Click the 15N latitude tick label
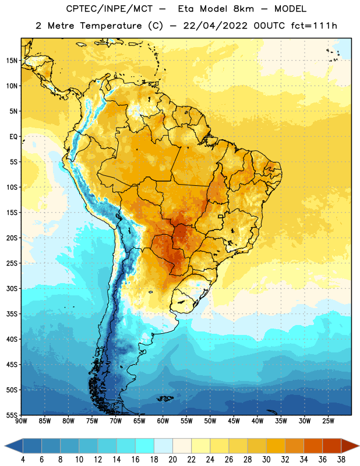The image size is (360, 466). [12, 61]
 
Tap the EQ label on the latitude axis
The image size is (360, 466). [13, 137]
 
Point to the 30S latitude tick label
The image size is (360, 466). [12, 288]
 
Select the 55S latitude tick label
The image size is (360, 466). [12, 415]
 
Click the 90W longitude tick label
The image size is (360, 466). [21, 421]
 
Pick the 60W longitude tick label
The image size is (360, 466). [163, 421]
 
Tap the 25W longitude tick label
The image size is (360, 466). [328, 421]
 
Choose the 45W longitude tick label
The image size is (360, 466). [234, 421]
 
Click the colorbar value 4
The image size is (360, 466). [23, 460]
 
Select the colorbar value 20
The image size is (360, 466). [172, 460]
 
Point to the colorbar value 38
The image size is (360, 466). [341, 460]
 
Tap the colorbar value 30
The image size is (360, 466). [266, 460]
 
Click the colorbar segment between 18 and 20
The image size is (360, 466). [164, 446]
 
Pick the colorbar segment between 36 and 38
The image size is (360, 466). [332, 446]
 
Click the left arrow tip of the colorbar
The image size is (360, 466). [5, 446]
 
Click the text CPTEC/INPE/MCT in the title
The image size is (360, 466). [109, 9]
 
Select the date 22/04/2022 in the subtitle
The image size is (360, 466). [215, 26]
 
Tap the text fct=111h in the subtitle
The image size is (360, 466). [314, 26]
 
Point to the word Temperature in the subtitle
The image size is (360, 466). [111, 26]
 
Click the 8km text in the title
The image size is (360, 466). [243, 9]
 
